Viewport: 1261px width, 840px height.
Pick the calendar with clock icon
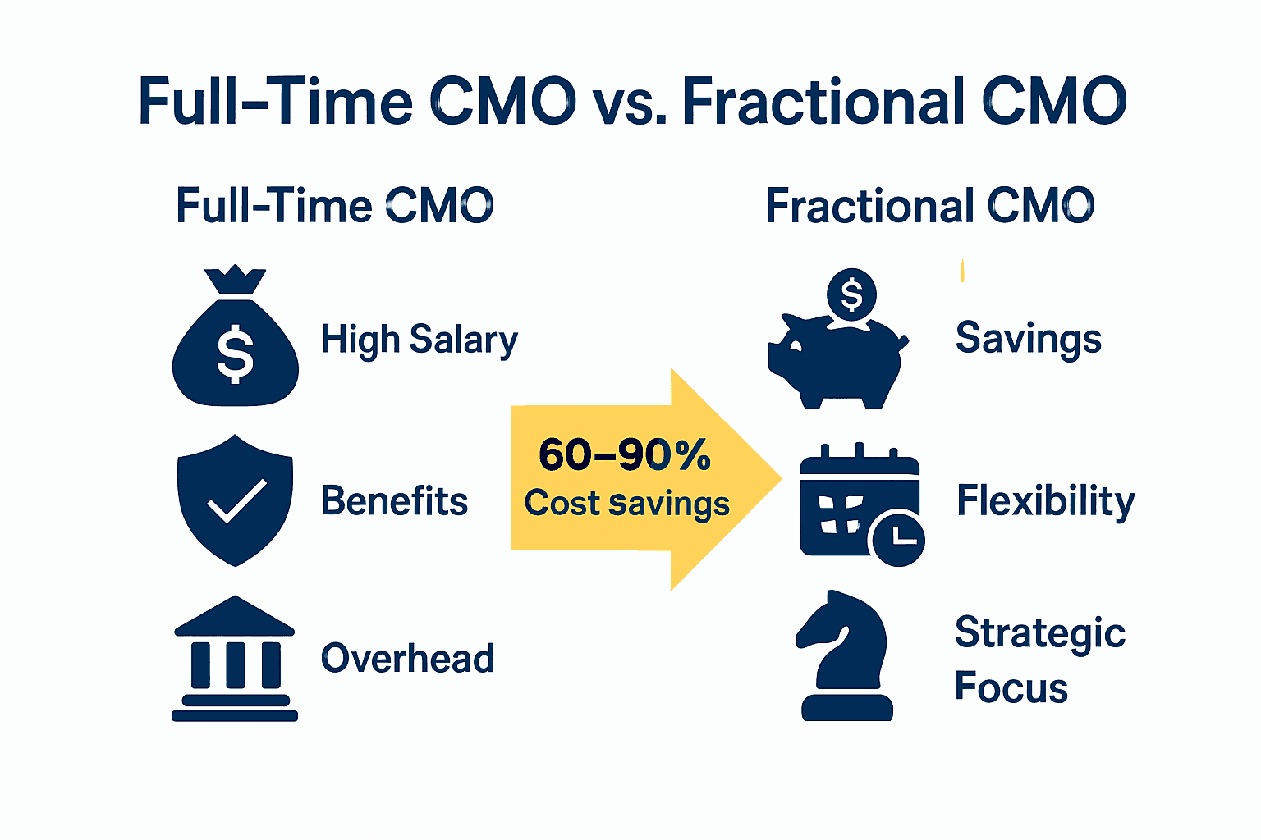tap(858, 504)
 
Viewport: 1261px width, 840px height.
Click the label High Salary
tap(419, 340)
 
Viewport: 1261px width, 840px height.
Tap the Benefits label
tap(394, 500)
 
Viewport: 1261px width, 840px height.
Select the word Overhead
tap(407, 659)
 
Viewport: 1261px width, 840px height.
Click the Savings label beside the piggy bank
tap(1028, 339)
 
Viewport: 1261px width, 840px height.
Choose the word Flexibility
tap(1045, 501)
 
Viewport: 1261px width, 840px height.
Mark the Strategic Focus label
tap(1039, 660)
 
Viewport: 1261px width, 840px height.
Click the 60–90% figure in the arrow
tap(624, 454)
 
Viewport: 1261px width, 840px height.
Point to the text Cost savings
tap(626, 503)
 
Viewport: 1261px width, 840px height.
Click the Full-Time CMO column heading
tap(334, 206)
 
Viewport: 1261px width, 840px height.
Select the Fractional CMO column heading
tap(929, 206)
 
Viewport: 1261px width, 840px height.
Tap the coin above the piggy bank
tap(851, 294)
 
